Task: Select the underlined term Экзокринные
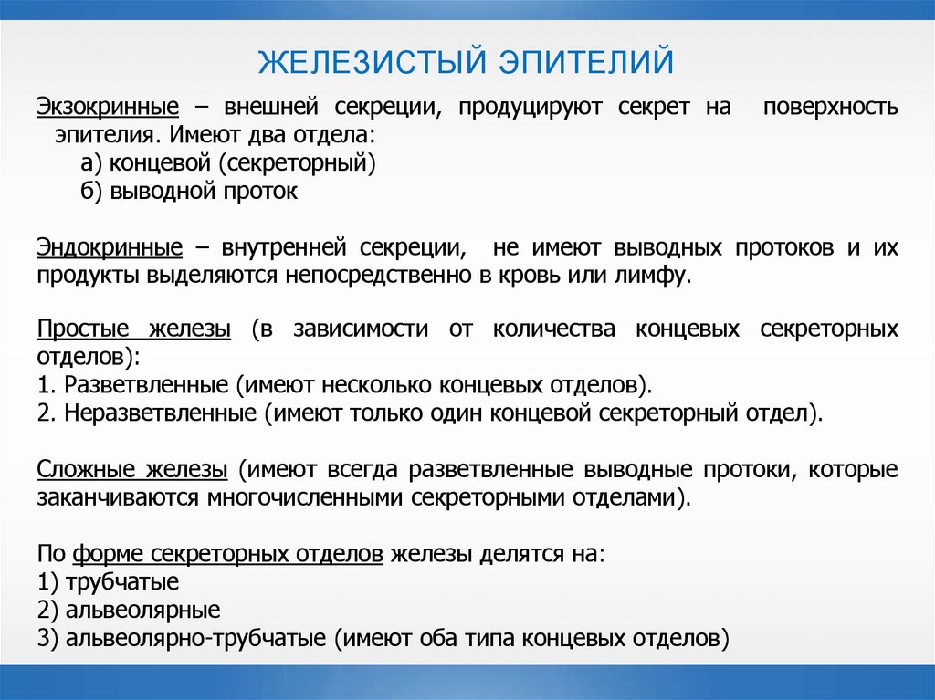coord(107,108)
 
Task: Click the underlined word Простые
coord(77,329)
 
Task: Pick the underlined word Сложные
coord(83,470)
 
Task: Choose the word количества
coord(553,329)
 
